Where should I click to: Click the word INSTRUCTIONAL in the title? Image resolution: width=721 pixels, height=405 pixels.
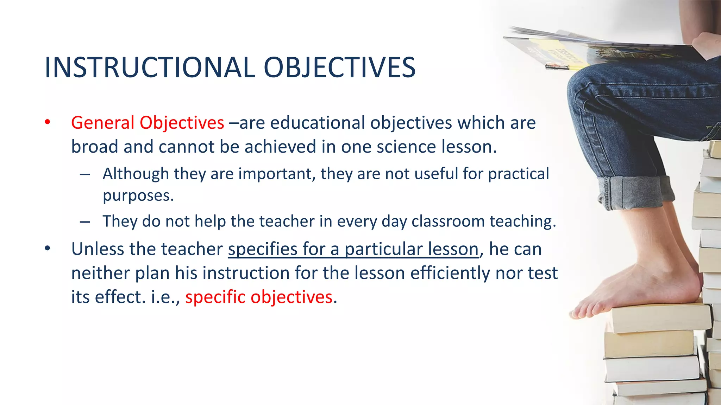click(x=150, y=67)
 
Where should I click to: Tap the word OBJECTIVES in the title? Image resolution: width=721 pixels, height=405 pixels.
click(x=339, y=67)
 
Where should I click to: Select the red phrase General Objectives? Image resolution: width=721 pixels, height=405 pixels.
click(x=148, y=123)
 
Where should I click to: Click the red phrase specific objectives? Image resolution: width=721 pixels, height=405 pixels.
click(x=259, y=297)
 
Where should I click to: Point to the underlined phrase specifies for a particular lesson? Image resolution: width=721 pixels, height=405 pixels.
click(x=353, y=249)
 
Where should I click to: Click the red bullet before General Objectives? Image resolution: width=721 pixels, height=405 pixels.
click(x=48, y=123)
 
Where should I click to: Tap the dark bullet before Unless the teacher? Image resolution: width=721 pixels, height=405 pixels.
click(x=48, y=249)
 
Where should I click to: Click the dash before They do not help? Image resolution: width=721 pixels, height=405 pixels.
click(x=85, y=222)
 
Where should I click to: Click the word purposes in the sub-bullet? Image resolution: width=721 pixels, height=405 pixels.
click(x=138, y=196)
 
